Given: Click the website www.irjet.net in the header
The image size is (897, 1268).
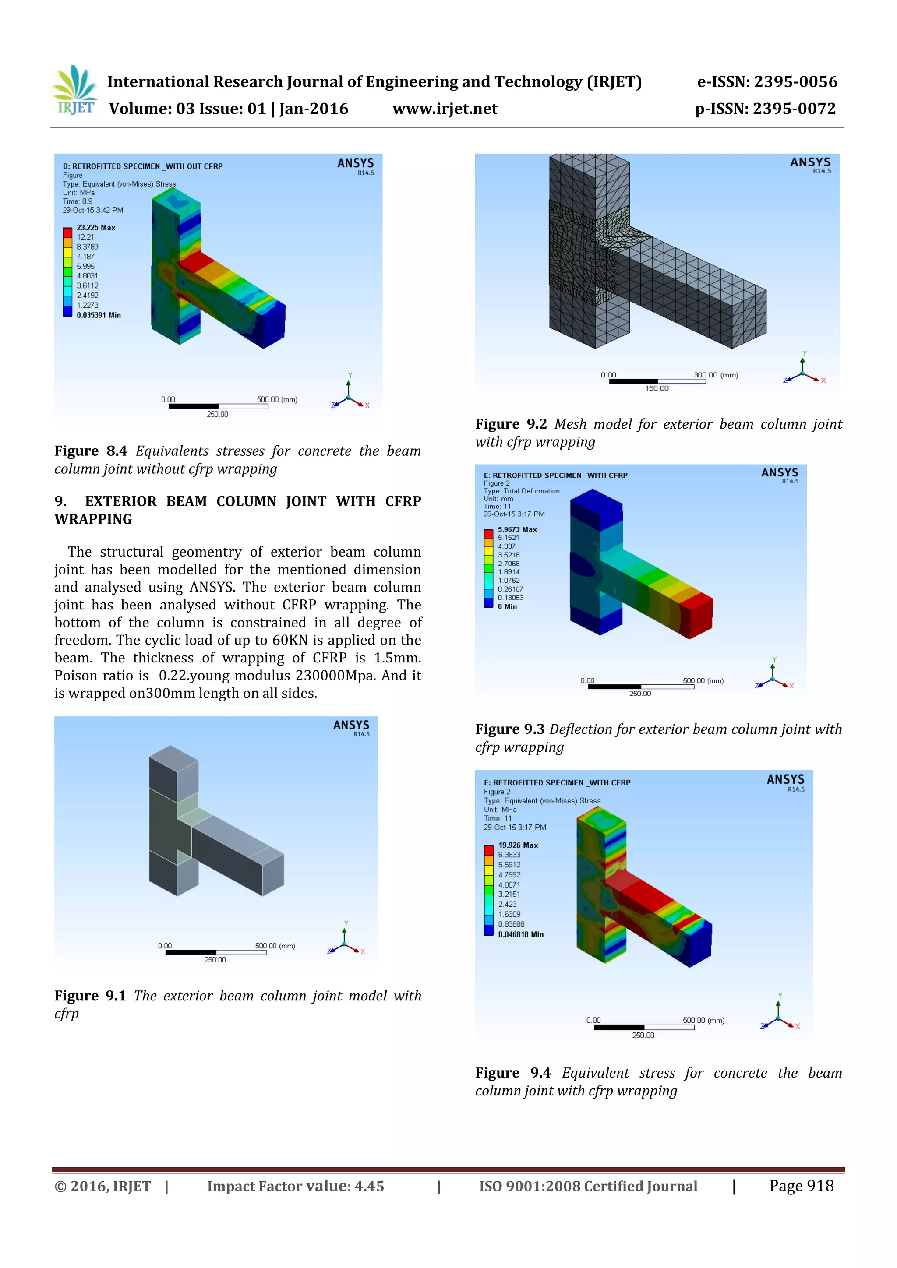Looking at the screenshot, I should point(445,109).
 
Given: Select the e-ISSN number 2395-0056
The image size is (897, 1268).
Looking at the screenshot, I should point(795,82).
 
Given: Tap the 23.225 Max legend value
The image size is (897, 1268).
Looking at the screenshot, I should point(95,228).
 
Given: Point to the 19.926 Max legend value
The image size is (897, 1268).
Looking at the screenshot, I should point(518,845).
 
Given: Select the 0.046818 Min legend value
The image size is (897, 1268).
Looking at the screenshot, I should point(520,934).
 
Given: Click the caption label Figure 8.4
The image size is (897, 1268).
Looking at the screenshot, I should point(91,451).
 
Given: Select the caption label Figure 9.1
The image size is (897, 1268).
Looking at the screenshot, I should point(90,996).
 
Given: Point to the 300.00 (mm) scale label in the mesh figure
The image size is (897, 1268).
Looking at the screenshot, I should point(715,375).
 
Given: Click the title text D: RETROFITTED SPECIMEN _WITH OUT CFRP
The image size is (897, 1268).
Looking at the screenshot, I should point(142,166).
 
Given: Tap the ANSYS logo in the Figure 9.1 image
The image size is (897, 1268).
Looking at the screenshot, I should point(351,727).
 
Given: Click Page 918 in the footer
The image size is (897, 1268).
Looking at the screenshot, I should point(801,1186).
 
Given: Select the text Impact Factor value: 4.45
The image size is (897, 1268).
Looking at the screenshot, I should point(296,1186).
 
